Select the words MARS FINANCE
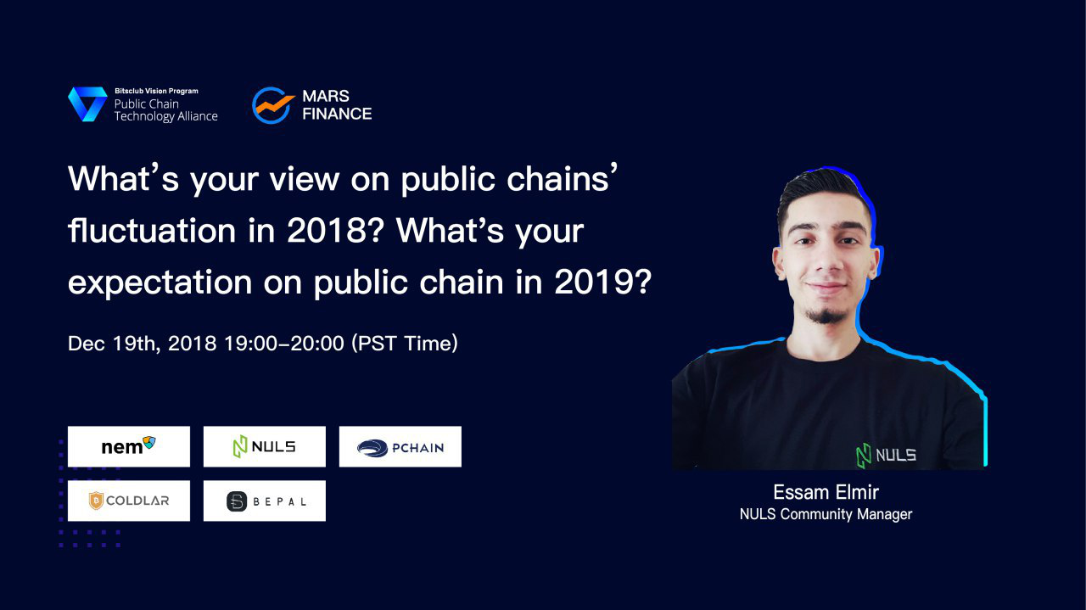coord(337,104)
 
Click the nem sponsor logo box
coord(129,446)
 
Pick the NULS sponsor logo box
coord(265,446)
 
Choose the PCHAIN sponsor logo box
coord(400,446)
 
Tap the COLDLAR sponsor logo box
coord(129,501)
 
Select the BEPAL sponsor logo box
coord(265,501)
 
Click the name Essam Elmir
coord(826,492)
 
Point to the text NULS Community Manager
coord(826,514)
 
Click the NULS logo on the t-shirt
coord(886,456)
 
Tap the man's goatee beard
coord(826,316)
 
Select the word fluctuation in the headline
coord(152,230)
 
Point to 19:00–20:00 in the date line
coord(284,344)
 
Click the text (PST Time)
coord(405,344)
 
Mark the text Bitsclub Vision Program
coord(157,91)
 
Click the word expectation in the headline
coord(160,283)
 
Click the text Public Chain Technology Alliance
coord(165,110)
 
